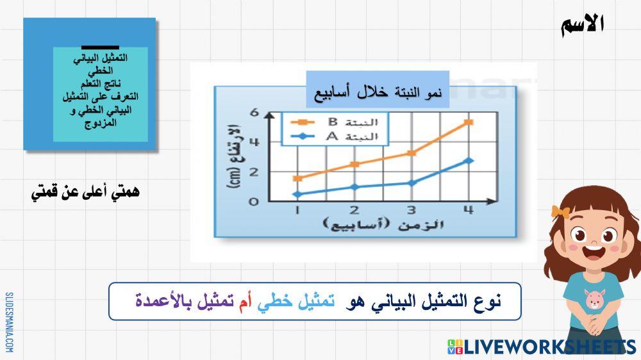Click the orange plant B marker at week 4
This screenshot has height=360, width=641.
click(x=469, y=122)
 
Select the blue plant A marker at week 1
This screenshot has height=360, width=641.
click(x=297, y=194)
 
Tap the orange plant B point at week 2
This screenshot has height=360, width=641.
click(x=354, y=165)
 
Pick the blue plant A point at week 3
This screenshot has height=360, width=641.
click(x=412, y=183)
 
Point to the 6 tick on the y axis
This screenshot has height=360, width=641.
click(x=254, y=113)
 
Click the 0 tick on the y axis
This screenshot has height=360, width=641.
click(x=254, y=201)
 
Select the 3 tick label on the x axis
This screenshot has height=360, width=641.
click(x=412, y=210)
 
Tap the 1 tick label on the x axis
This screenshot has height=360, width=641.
click(x=297, y=210)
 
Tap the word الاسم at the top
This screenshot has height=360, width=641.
click(x=582, y=24)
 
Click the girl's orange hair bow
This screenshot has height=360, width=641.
click(x=559, y=212)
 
